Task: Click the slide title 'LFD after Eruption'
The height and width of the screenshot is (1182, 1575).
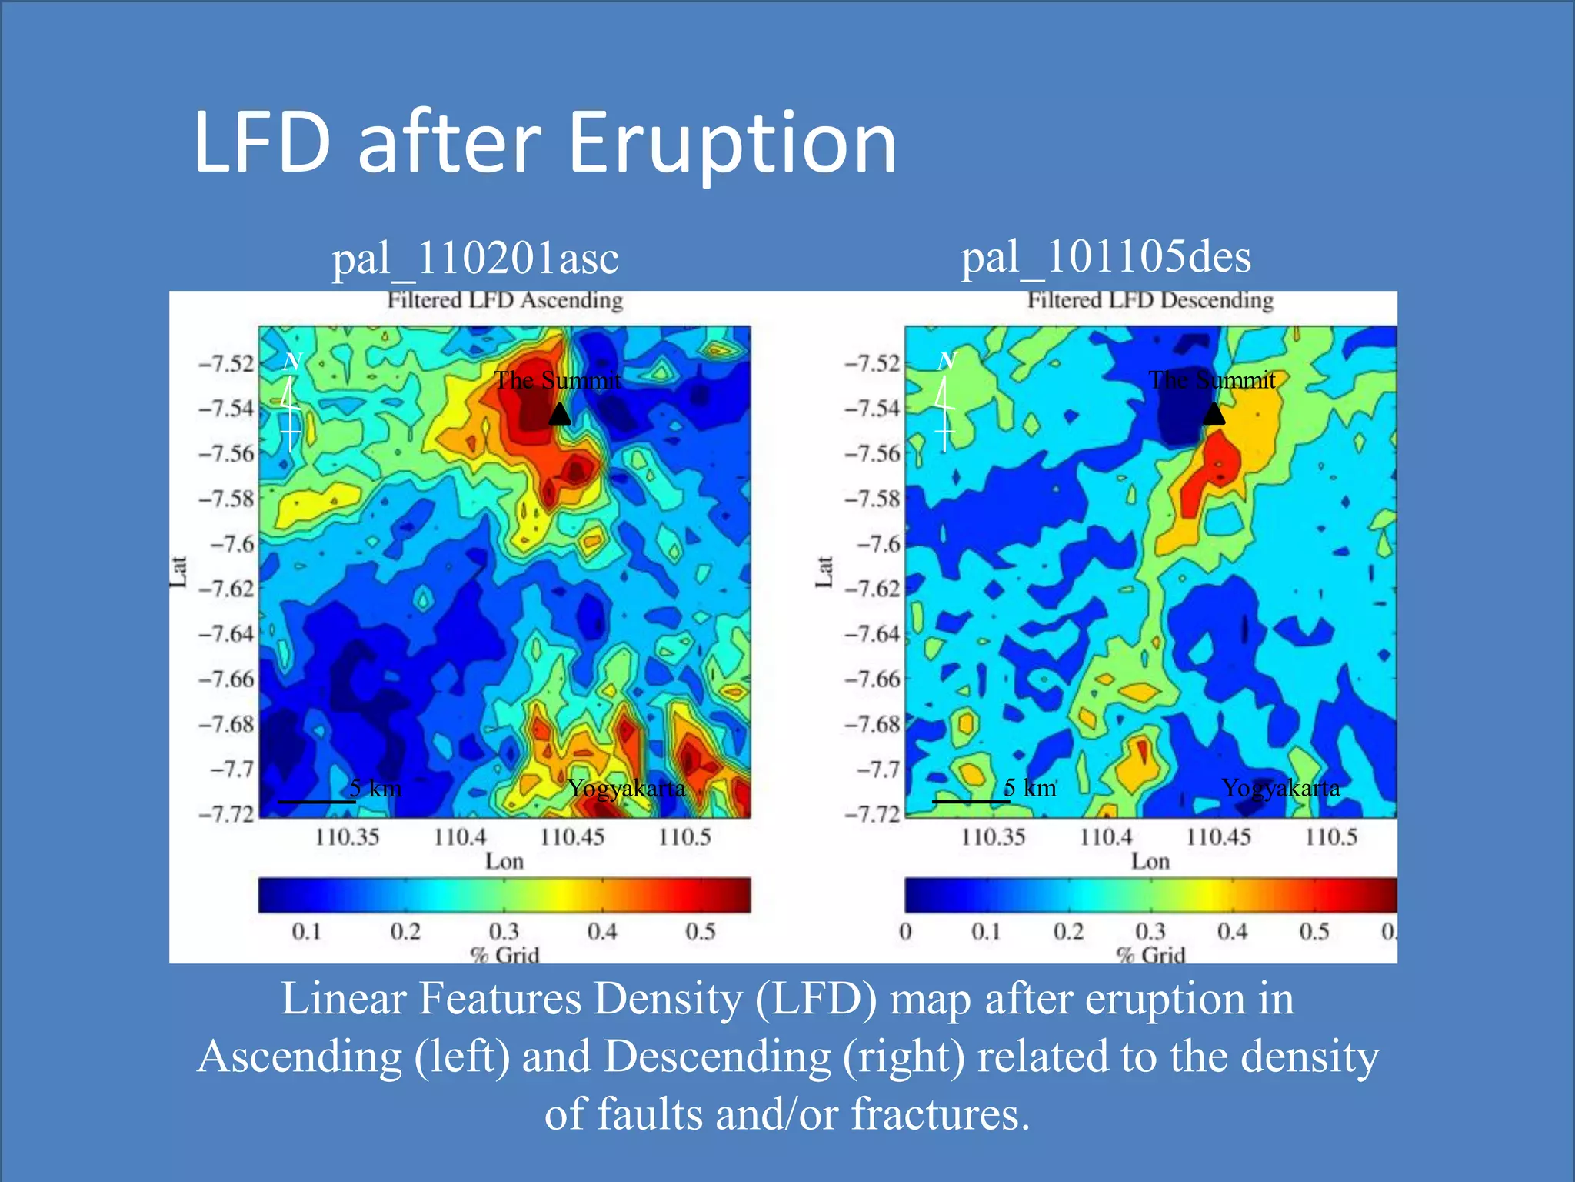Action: click(544, 142)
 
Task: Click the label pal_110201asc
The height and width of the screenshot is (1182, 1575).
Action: click(475, 259)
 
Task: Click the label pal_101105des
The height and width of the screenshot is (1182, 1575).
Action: click(1106, 257)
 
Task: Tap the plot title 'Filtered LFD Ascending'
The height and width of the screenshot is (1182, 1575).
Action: click(504, 300)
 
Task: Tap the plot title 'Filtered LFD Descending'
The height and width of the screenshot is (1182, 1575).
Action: click(1150, 300)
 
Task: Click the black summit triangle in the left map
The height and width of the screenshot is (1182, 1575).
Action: click(560, 416)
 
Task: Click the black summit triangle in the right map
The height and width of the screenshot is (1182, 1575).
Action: click(1213, 415)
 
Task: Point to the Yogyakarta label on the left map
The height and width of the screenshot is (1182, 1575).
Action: click(626, 789)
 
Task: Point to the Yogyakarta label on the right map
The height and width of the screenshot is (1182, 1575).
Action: click(1280, 788)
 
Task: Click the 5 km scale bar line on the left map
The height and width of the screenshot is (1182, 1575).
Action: click(316, 802)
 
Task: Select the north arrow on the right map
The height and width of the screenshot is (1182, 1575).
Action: click(944, 404)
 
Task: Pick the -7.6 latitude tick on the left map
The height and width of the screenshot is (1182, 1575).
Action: click(231, 544)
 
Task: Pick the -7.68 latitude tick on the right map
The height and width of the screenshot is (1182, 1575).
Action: click(872, 724)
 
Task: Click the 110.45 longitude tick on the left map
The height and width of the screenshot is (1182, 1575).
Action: click(572, 837)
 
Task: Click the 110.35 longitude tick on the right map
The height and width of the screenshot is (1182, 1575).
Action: click(993, 837)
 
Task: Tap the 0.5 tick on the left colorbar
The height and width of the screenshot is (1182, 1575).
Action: click(700, 932)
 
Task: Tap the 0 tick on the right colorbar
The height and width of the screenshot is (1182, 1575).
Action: click(906, 932)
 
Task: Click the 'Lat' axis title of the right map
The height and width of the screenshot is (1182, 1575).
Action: click(824, 572)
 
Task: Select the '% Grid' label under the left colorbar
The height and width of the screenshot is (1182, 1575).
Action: click(504, 956)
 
